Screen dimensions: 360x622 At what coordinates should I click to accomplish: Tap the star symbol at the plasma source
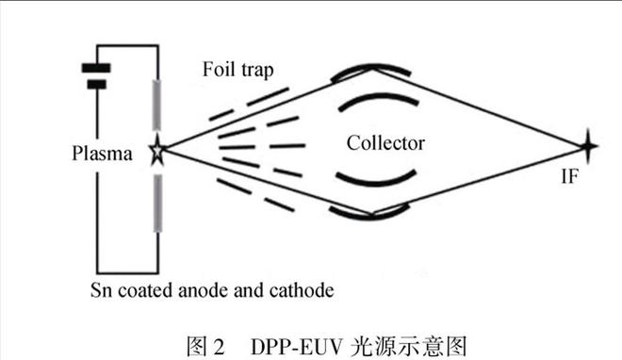tap(155, 151)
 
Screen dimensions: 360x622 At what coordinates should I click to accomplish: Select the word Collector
tap(385, 143)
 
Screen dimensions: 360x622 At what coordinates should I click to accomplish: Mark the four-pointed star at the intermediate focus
tap(588, 146)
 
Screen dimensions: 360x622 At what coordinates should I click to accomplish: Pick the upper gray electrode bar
tap(156, 109)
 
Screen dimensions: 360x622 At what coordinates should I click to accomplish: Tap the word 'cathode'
tap(303, 288)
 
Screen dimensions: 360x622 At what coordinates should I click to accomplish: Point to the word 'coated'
tap(151, 288)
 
